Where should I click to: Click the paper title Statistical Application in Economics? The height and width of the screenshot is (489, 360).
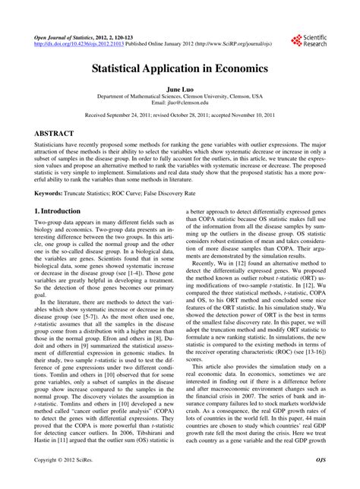pos(179,68)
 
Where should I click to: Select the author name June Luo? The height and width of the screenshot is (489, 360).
pos(179,89)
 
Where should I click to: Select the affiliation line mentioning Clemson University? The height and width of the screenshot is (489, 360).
pos(179,96)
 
